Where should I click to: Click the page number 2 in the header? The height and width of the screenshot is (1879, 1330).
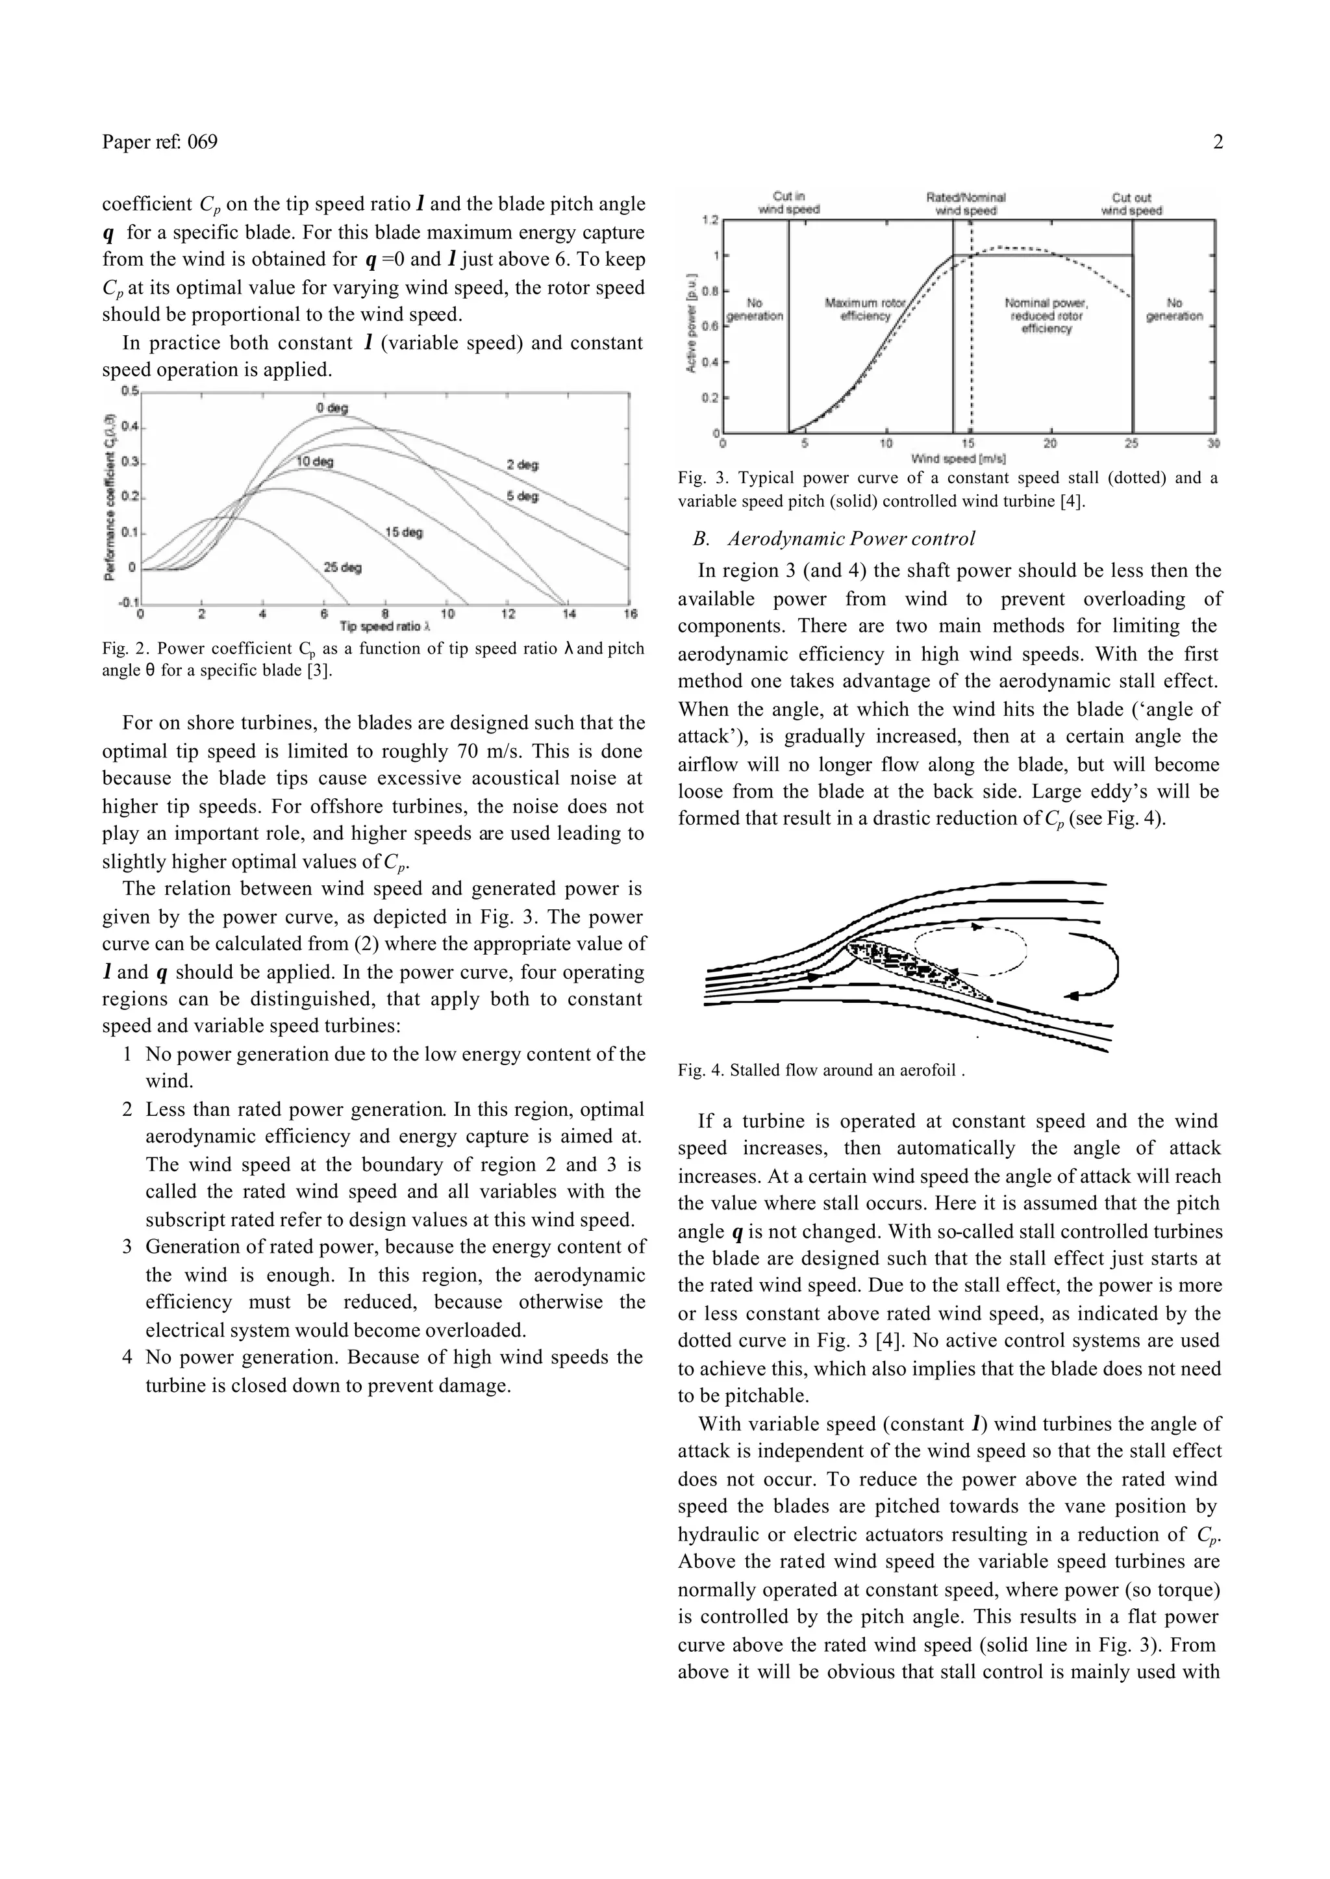[1218, 142]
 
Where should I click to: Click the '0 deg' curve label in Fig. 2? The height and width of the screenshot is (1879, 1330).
[332, 408]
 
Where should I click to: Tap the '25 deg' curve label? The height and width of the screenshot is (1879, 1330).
[342, 567]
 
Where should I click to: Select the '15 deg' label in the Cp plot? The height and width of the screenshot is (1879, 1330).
[404, 533]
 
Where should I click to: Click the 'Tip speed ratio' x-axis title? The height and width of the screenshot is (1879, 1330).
[385, 627]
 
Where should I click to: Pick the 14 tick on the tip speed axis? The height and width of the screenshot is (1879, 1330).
[568, 614]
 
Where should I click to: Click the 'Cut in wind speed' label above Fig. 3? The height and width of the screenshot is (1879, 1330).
[788, 203]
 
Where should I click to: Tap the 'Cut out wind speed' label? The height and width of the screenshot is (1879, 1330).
[1131, 203]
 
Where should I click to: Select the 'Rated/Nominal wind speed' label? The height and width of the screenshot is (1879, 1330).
[966, 203]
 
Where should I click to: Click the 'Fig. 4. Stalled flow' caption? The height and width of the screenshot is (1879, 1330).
[821, 1070]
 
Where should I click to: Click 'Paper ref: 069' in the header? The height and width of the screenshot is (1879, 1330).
[160, 142]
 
